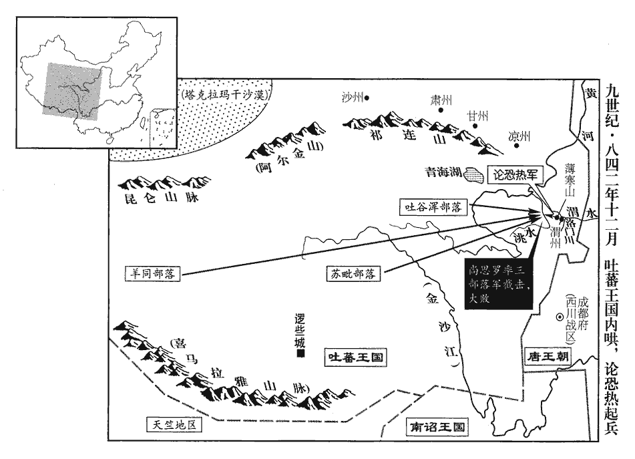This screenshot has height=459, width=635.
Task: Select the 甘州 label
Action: click(478, 116)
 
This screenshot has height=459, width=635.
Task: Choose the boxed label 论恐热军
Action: click(515, 173)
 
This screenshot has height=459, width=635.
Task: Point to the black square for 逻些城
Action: click(301, 355)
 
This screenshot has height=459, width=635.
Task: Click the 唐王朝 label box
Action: click(547, 356)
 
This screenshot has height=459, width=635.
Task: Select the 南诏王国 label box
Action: click(437, 427)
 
